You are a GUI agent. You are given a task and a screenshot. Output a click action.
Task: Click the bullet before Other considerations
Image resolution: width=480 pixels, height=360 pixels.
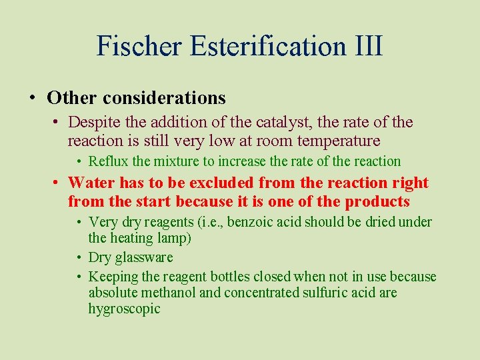(33, 98)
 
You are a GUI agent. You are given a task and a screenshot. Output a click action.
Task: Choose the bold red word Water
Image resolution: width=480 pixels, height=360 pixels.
(91, 183)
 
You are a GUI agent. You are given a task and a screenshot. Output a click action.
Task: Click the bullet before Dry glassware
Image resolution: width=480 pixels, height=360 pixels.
(79, 257)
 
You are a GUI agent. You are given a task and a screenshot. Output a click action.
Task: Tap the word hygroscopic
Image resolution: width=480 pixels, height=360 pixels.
(125, 309)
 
